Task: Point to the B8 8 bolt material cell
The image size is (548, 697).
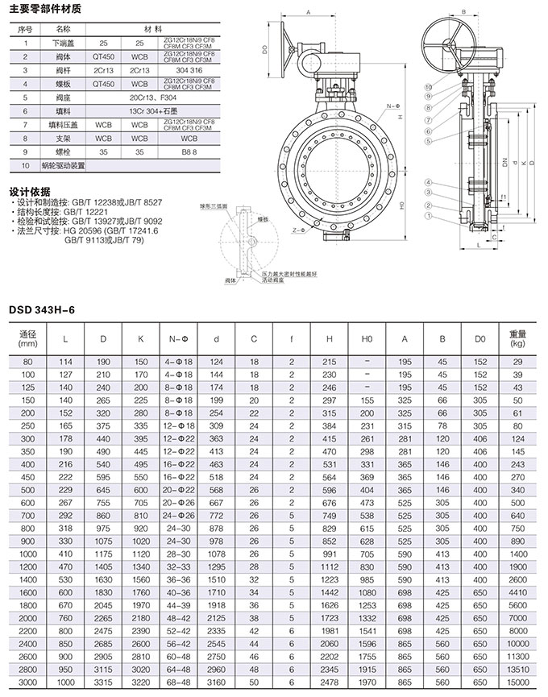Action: pyautogui.click(x=190, y=151)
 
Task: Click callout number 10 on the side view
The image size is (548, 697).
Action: pyautogui.click(x=428, y=85)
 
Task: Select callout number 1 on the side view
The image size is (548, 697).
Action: pyautogui.click(x=429, y=217)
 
